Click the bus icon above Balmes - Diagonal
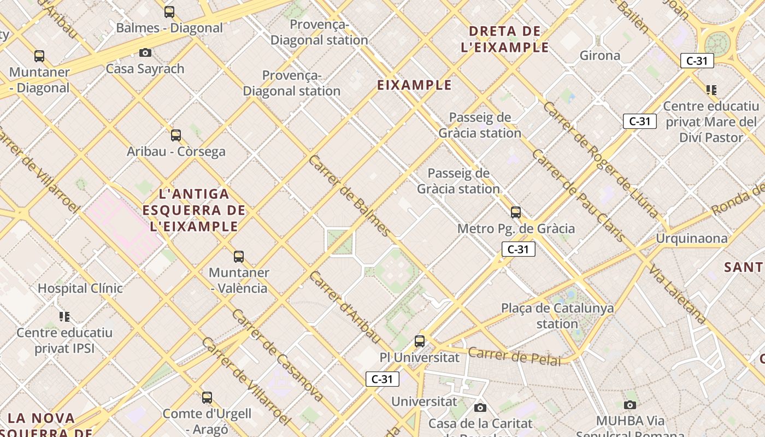pos(169,11)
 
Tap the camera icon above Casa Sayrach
pos(145,52)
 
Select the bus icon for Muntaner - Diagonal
pos(39,56)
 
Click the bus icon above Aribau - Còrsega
pos(176,135)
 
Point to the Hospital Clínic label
pos(80,288)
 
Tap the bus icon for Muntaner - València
pos(239,256)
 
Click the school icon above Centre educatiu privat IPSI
pos(64,316)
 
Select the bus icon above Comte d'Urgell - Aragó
pos(207,397)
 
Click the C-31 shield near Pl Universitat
pos(382,379)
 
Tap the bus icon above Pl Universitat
pos(420,341)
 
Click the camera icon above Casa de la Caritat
pos(480,408)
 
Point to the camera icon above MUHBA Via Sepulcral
pos(630,405)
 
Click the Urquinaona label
pos(692,238)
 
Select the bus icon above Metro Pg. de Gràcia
pos(516,212)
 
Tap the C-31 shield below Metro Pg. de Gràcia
pos(518,250)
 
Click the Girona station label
pos(600,55)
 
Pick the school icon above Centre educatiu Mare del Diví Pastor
pos(711,90)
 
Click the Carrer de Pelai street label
pos(514,356)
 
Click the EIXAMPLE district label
pos(415,85)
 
